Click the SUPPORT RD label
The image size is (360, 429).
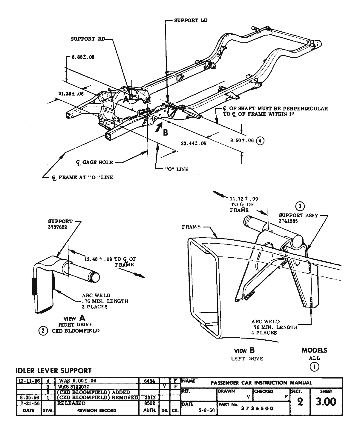click(x=87, y=39)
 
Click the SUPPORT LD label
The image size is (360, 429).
click(x=191, y=21)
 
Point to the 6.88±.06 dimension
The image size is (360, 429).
click(x=83, y=57)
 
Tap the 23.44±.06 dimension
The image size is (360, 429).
click(x=193, y=143)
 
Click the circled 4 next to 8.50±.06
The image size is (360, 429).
click(x=260, y=140)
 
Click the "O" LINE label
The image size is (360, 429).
click(x=177, y=169)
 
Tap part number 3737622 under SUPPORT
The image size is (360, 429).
click(x=57, y=227)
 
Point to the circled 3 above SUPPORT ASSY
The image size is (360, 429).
click(x=300, y=206)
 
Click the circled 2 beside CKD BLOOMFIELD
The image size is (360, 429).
click(x=43, y=331)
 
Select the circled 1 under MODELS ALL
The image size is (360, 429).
click(x=314, y=367)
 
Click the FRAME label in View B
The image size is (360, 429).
click(x=191, y=227)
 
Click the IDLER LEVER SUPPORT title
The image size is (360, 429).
click(x=53, y=371)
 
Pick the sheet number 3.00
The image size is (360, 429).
click(x=326, y=402)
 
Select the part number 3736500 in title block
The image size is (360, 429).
click(x=258, y=409)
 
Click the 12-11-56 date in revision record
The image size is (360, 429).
click(x=28, y=381)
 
